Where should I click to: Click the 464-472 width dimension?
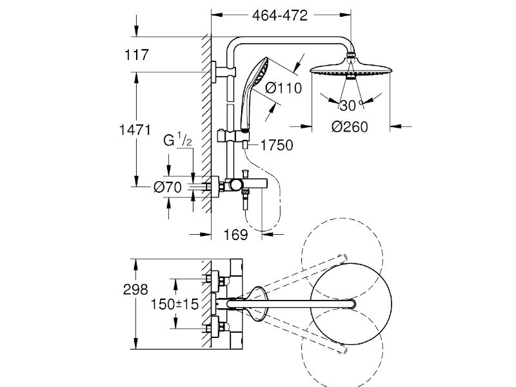pos(280,15)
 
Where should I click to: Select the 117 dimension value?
pos(137,55)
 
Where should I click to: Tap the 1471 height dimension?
pos(135,130)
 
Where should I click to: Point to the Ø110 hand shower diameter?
pos(283,88)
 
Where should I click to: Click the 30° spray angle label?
pos(351,105)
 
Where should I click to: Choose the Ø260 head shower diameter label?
pos(350,126)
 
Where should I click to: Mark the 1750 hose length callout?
pos(277,145)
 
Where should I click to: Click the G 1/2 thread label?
pos(178,139)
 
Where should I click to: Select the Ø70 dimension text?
pos(168,187)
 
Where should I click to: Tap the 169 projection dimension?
pos(235,235)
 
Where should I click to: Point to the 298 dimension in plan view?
pos(135,290)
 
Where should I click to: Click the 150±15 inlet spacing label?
pos(175,304)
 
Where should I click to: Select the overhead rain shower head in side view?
pos(351,68)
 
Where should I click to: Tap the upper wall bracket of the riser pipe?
pos(224,72)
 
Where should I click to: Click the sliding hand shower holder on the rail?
pos(233,137)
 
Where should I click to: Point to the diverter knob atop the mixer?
pos(245,174)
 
